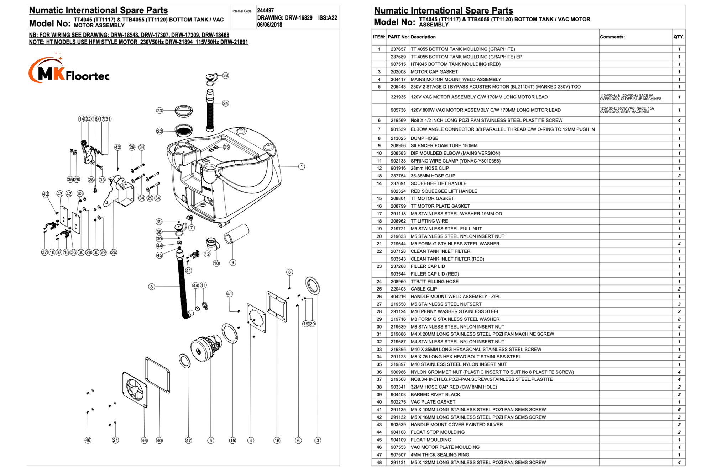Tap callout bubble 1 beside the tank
(x=302, y=166)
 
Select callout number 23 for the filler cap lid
(x=159, y=111)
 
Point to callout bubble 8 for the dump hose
(x=152, y=287)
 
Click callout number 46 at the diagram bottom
(x=144, y=440)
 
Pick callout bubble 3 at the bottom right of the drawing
(x=318, y=440)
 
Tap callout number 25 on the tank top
(x=226, y=147)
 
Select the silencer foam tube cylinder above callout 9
(x=236, y=233)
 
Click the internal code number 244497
(x=266, y=11)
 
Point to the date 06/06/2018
(x=269, y=25)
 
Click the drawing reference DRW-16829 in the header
(x=285, y=18)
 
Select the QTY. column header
(x=679, y=37)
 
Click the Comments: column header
(x=612, y=37)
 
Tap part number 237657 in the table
(x=398, y=49)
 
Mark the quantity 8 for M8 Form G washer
(x=679, y=319)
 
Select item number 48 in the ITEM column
(x=379, y=463)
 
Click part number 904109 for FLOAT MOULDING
(x=398, y=440)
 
